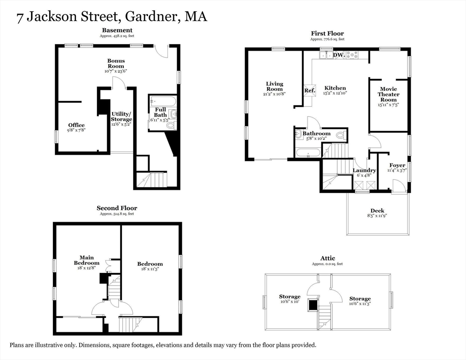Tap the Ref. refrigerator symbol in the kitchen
pyautogui.click(x=309, y=90)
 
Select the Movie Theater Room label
pyautogui.click(x=388, y=94)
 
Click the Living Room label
pyautogui.click(x=274, y=86)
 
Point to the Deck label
pyautogui.click(x=377, y=210)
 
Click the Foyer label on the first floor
pyautogui.click(x=398, y=165)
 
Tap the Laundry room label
pyautogui.click(x=364, y=170)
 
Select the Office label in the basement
pyautogui.click(x=76, y=125)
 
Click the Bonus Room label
pyautogui.click(x=116, y=63)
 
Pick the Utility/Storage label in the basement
pyautogui.click(x=121, y=117)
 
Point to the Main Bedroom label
pyautogui.click(x=87, y=260)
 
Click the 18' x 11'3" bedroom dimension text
pyautogui.click(x=150, y=270)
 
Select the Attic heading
pyautogui.click(x=328, y=258)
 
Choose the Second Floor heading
pyautogui.click(x=117, y=208)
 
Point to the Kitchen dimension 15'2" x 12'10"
pyautogui.click(x=335, y=93)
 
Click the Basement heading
pyautogui.click(x=117, y=30)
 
